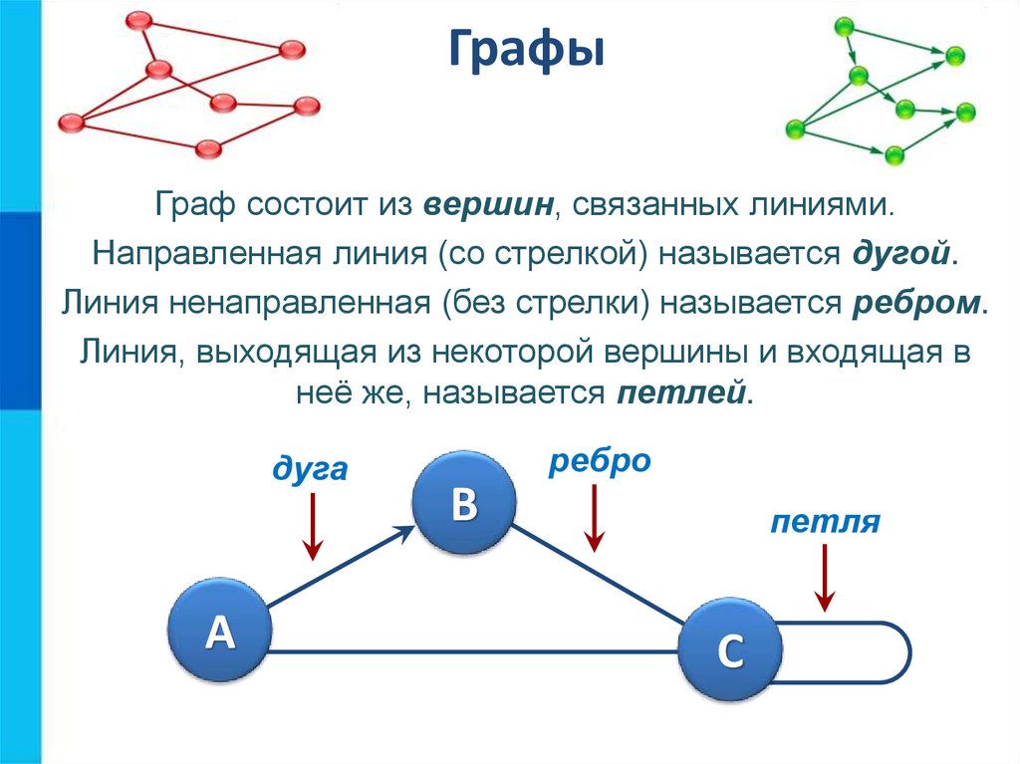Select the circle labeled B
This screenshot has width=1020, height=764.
point(464,505)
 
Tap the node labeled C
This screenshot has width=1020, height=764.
point(730,650)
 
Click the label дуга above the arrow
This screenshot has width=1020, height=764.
point(311,467)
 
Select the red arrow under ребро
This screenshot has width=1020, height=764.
point(594,518)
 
